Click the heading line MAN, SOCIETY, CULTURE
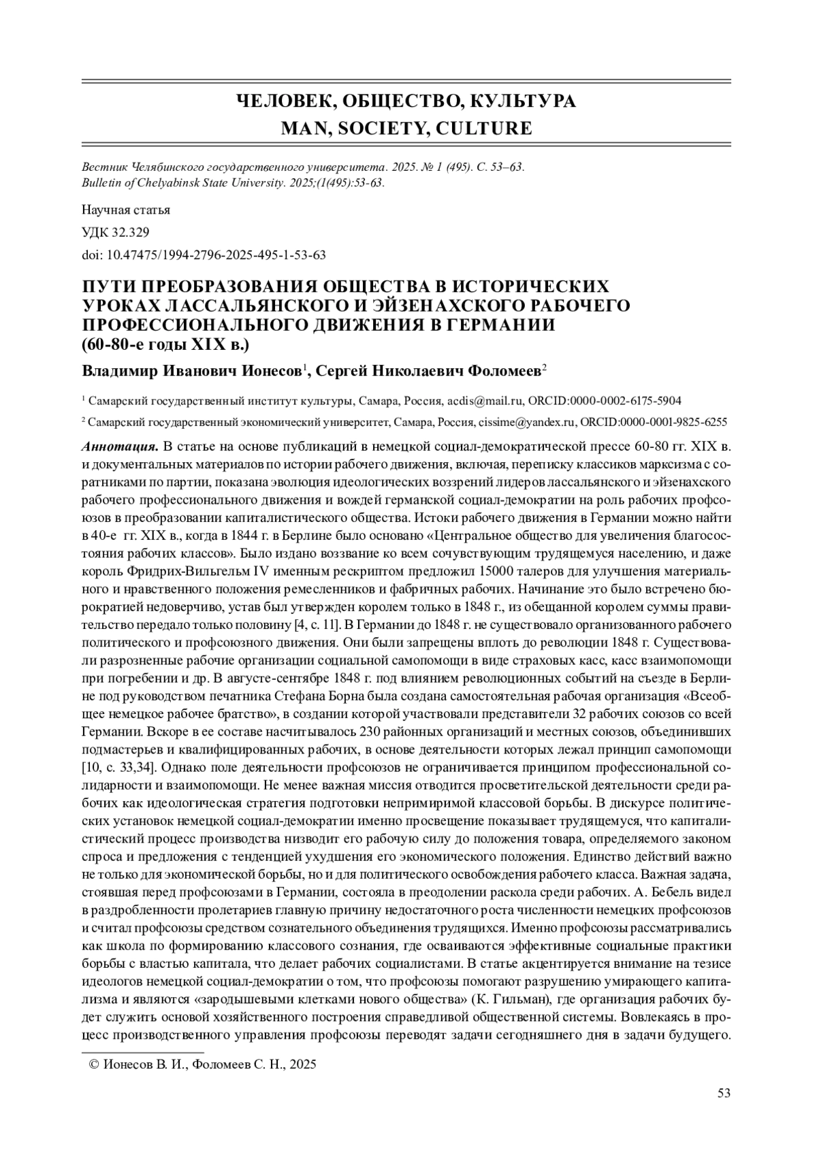pyautogui.click(x=406, y=128)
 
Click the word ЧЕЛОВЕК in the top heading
pyautogui.click(x=281, y=101)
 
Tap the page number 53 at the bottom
pyautogui.click(x=724, y=1093)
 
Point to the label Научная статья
pyautogui.click(x=126, y=210)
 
